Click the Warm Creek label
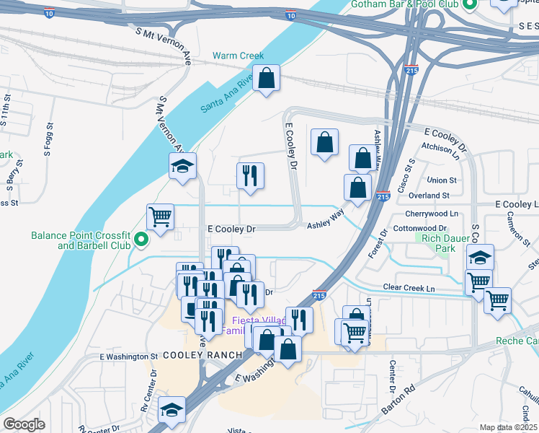coord(238,56)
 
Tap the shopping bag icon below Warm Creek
coord(266,79)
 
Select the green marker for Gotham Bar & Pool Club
coord(470,5)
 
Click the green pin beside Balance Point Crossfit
coord(142,240)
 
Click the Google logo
coord(23,424)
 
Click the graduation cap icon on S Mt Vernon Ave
coord(182,167)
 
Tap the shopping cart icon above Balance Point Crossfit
coord(160,216)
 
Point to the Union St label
coord(442,180)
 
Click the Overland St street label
coord(428,195)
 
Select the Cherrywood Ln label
coord(432,214)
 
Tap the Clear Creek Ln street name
coord(409,287)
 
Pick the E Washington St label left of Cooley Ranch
coord(128,357)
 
